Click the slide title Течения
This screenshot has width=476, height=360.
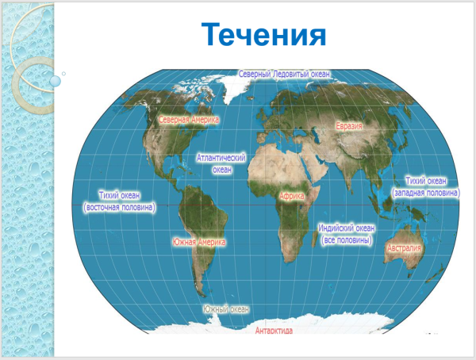point(264,36)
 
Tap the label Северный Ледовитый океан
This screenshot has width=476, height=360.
point(285,74)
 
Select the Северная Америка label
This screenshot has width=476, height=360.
point(189,120)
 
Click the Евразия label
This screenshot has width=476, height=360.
point(348,126)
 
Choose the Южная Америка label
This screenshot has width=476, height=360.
point(199,242)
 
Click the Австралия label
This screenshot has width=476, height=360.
point(404,248)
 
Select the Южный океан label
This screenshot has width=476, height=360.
point(226,308)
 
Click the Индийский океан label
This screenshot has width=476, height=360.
point(346,228)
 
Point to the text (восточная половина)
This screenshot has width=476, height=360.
point(120,207)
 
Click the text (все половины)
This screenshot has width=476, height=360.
point(347,239)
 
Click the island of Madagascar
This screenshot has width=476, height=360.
point(321,239)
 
